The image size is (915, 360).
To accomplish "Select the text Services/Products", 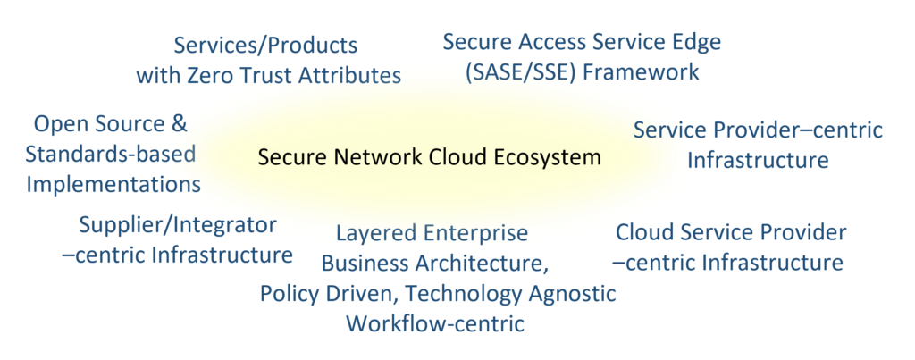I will tap(265, 46).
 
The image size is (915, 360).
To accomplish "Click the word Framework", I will tap(642, 72).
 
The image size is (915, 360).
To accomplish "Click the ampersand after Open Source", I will tap(179, 123).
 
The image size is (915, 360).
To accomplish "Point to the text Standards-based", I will tap(110, 154).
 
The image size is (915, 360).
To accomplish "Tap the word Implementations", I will tap(113, 184).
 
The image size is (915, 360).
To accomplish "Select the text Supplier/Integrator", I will tap(178, 224).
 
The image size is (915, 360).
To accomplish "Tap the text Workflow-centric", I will tap(435, 323).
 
